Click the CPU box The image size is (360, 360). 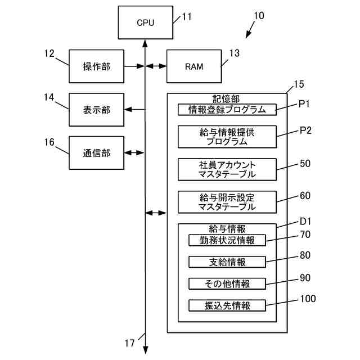(x=145, y=22)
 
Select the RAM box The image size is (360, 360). (x=193, y=66)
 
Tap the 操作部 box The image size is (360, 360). (x=96, y=66)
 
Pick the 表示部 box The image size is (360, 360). (x=96, y=110)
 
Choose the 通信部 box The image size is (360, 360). (x=96, y=152)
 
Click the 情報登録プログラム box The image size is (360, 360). (x=227, y=110)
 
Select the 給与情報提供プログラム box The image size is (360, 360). (x=227, y=137)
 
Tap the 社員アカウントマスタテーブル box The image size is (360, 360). (x=227, y=169)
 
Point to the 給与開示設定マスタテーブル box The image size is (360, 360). (x=227, y=201)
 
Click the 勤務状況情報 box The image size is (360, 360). (x=227, y=241)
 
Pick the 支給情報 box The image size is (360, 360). (x=227, y=262)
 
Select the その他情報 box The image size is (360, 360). (x=227, y=283)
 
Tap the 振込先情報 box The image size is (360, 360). (x=227, y=306)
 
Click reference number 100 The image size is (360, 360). (x=308, y=299)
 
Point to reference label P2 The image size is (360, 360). (x=305, y=130)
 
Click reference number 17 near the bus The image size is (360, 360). (x=130, y=343)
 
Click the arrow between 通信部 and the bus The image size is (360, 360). (x=134, y=152)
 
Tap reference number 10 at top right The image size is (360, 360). (x=258, y=16)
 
